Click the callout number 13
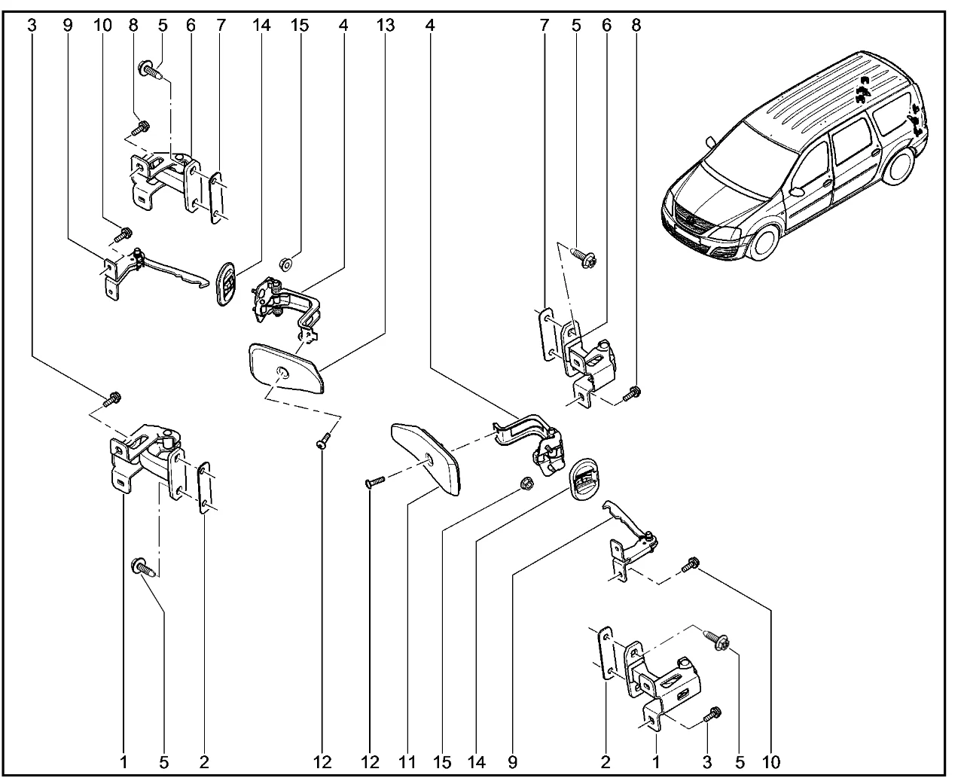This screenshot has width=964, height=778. pyautogui.click(x=384, y=25)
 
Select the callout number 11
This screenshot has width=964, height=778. pyautogui.click(x=406, y=762)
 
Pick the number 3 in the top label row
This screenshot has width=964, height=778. pyautogui.click(x=31, y=25)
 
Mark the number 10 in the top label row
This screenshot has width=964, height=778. pyautogui.click(x=102, y=25)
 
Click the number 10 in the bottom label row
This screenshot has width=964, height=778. pyautogui.click(x=771, y=762)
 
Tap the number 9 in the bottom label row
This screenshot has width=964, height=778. pyautogui.click(x=513, y=762)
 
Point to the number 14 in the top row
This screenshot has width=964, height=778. pyautogui.click(x=261, y=25)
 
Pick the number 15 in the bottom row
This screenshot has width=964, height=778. pyautogui.click(x=441, y=762)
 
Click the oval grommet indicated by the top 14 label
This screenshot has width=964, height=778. pyautogui.click(x=225, y=283)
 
